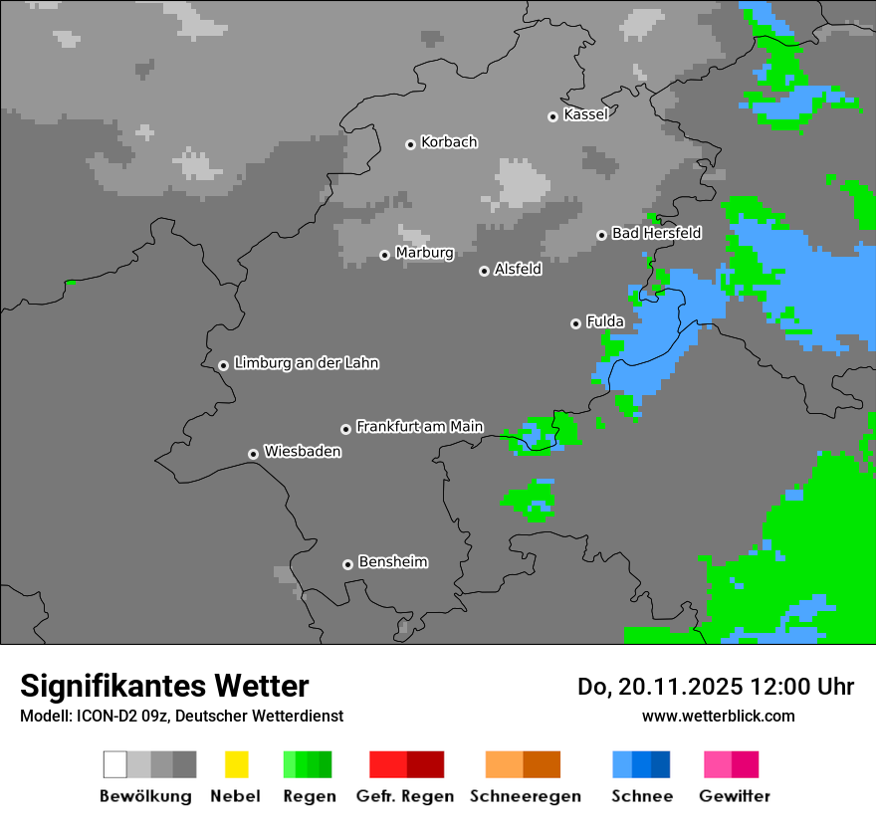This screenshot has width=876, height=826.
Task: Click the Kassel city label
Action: (585, 114)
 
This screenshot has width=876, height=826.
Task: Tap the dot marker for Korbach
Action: (410, 144)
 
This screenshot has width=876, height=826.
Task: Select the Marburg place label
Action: (424, 253)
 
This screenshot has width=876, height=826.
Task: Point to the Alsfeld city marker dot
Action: (485, 271)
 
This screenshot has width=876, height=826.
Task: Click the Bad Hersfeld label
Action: (656, 233)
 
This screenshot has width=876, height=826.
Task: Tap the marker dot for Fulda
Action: (575, 323)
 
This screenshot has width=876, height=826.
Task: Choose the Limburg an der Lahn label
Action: (306, 363)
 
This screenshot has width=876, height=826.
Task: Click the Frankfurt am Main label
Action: (419, 427)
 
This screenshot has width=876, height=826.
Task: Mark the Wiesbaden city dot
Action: (253, 454)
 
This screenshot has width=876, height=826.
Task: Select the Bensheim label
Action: (392, 562)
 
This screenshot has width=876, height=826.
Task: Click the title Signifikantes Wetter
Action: (164, 686)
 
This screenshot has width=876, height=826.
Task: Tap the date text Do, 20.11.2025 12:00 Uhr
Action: (715, 687)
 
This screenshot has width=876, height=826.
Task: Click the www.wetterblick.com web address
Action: (718, 716)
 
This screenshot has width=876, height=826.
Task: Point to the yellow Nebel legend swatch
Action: (236, 764)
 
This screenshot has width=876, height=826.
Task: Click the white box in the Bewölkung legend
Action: (114, 764)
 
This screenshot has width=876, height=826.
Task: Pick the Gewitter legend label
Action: (735, 796)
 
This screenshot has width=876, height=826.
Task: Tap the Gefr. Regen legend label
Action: (405, 796)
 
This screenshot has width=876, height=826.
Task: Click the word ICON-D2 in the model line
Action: (103, 716)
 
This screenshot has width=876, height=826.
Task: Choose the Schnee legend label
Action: (642, 796)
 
